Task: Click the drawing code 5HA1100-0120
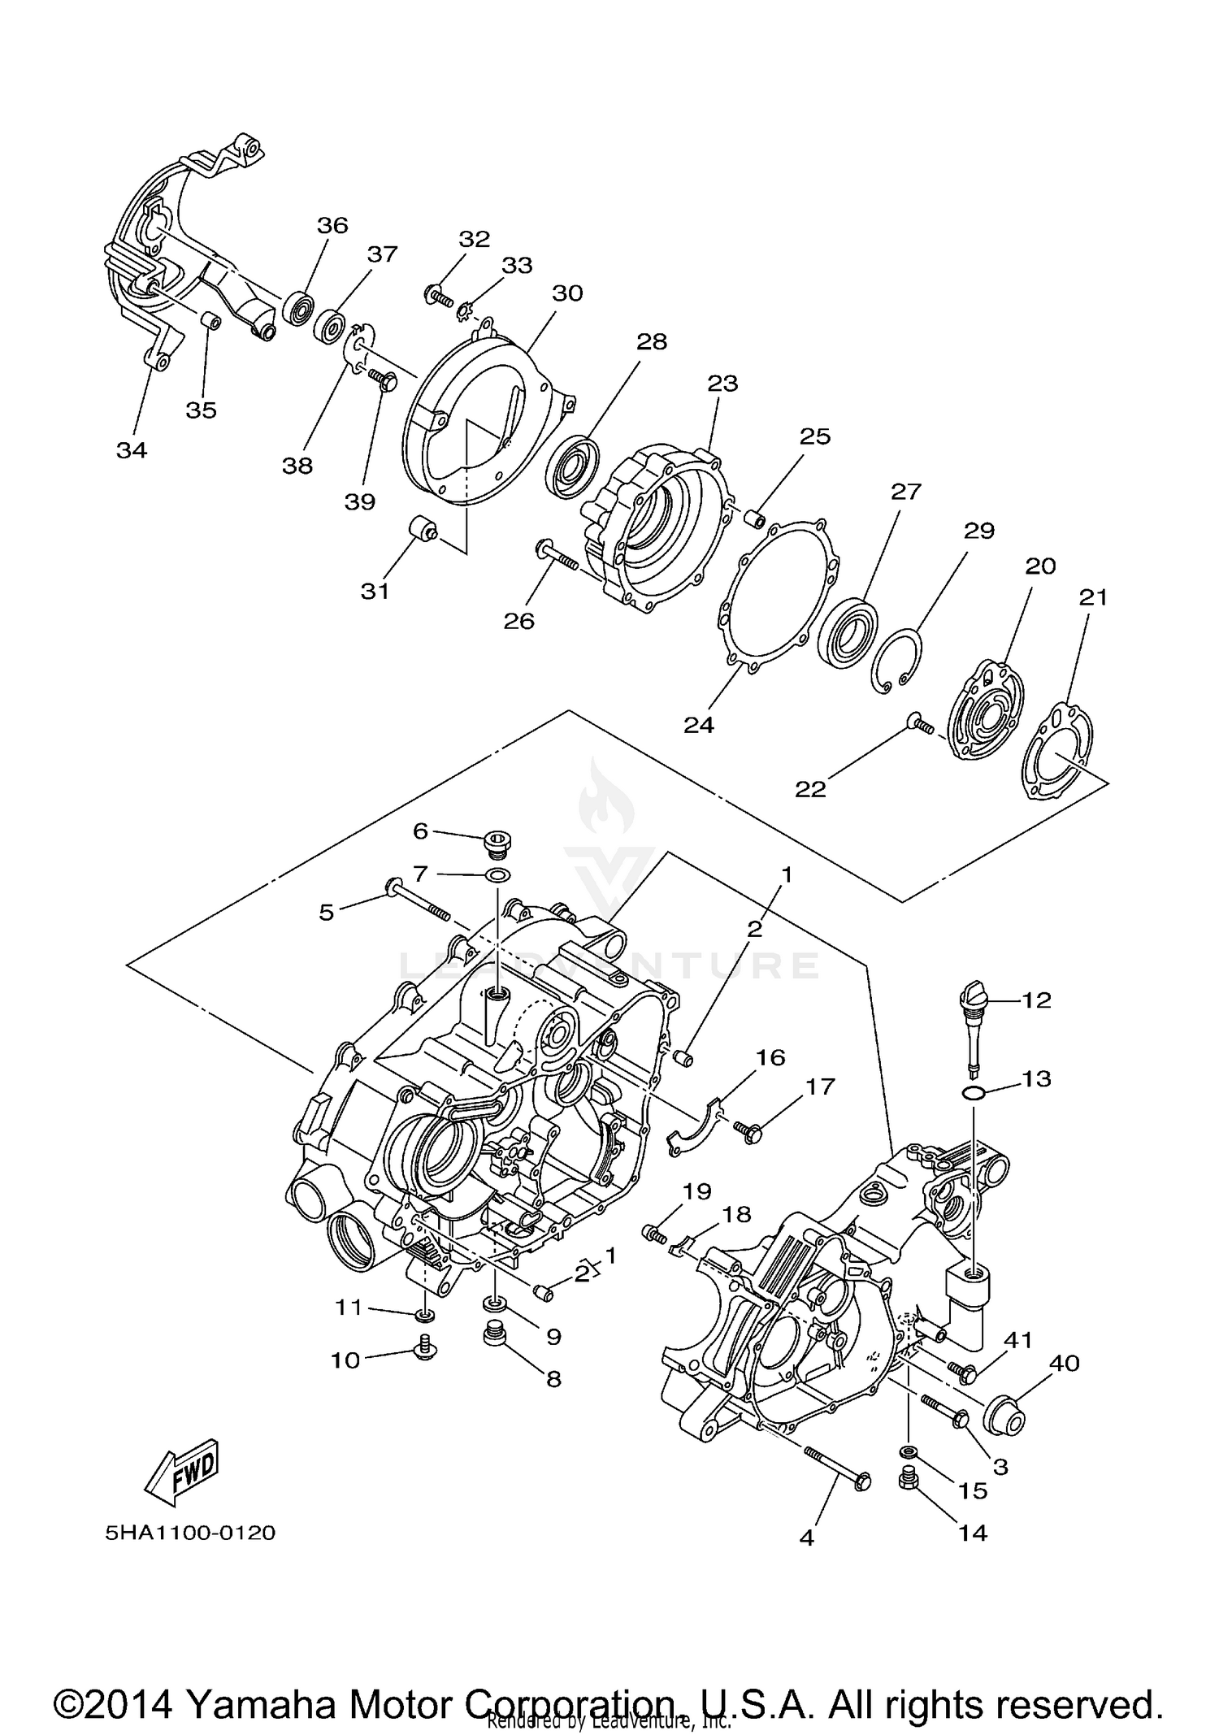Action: pos(189,1533)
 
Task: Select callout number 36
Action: pos(332,225)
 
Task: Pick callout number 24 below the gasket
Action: pos(699,724)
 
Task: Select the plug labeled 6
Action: pos(495,844)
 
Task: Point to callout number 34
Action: pos(132,449)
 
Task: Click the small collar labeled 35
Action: pos(211,323)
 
